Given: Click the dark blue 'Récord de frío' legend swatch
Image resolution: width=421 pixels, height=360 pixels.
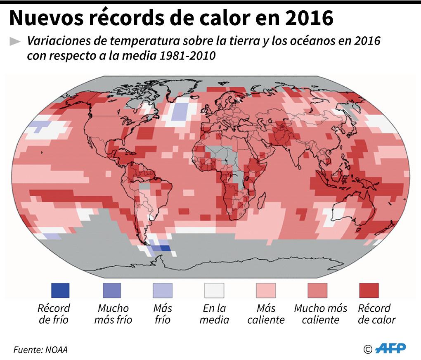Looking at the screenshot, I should coord(60,290).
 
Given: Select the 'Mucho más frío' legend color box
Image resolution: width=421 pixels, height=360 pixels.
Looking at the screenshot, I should coord(111,290).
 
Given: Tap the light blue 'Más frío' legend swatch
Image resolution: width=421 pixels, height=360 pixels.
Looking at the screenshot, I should coord(163,290).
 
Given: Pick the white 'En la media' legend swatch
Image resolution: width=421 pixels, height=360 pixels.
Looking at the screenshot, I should coord(214,290).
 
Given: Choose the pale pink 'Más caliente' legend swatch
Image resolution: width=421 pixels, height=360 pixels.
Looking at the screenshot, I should coord(266,290).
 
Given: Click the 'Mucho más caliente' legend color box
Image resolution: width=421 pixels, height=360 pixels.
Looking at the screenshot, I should coord(317,290).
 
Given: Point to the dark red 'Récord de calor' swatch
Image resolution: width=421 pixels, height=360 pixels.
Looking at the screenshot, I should coord(369,290).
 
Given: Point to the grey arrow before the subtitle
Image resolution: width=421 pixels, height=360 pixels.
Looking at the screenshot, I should coord(15,41).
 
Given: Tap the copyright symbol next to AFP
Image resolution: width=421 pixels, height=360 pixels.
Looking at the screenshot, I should coord(368,349).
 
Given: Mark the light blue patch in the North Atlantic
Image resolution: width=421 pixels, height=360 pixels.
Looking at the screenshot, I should coord(179,111).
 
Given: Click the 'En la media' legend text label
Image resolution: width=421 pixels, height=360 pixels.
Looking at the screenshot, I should coord(214,314).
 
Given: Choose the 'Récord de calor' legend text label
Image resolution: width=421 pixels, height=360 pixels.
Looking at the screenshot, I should coord(376,314).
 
